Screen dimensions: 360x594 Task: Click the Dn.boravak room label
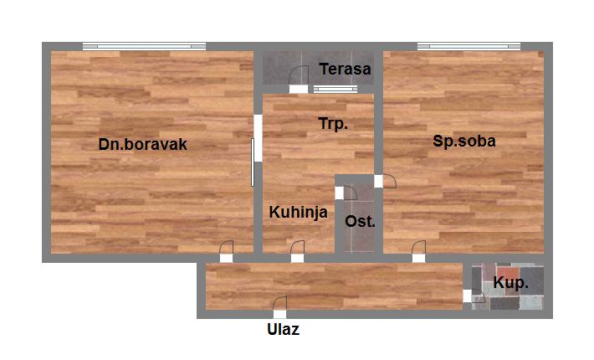[x=142, y=144]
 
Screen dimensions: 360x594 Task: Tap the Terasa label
[x=344, y=69]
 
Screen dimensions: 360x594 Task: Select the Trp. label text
[x=333, y=124]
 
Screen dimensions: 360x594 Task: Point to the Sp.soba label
[x=464, y=141]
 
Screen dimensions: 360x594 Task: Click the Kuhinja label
[x=298, y=213]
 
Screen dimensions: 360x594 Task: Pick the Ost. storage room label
[x=361, y=222]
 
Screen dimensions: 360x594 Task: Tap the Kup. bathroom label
[x=510, y=283]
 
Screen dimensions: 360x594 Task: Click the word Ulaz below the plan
[x=283, y=329]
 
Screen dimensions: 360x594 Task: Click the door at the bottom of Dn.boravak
[x=226, y=252]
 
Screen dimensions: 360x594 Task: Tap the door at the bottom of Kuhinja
[x=297, y=252]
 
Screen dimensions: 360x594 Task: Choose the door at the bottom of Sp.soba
[x=418, y=252]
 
